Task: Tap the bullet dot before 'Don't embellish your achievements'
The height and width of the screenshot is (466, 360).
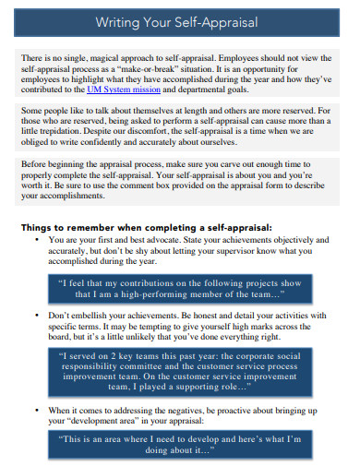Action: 34,316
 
